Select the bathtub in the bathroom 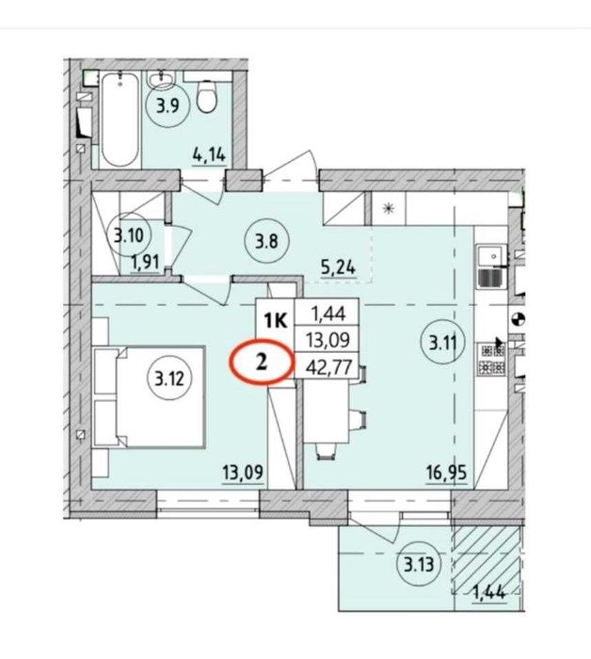point(120,121)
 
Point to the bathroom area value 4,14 point(209,155)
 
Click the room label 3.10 point(129,235)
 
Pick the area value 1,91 point(145,264)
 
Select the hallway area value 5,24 point(339,267)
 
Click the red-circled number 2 point(261,362)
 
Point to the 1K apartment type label point(276,321)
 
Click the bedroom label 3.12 point(169,379)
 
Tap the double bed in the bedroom point(150,396)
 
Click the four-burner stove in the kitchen point(490,360)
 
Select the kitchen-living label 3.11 point(442,344)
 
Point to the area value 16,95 point(446,474)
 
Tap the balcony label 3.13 point(419,564)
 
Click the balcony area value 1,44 point(489,593)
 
